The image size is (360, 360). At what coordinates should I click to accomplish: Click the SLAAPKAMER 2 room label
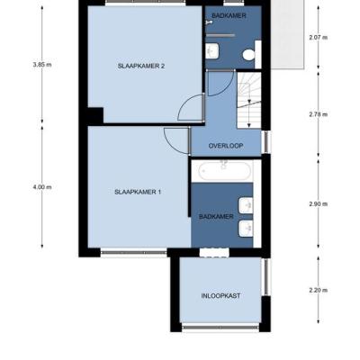pos(141,67)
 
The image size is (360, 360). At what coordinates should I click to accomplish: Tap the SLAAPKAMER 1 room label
pos(138,192)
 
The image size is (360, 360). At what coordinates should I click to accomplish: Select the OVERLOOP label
pos(226,146)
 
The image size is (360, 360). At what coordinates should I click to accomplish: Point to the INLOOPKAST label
pos(220,296)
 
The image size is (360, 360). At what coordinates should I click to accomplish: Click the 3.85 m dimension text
pos(42,65)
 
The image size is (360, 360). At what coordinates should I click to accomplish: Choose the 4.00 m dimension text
pos(42,187)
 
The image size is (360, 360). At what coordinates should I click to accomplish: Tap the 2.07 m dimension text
pos(319,38)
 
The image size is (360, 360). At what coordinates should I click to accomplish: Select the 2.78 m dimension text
pos(319,114)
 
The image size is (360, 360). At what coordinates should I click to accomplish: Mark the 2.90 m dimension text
pos(319,204)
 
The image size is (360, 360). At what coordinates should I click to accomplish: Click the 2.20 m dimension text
pos(319,290)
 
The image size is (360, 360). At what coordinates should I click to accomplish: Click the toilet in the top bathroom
pos(248,55)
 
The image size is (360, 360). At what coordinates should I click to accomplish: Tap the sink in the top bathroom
pos(212,50)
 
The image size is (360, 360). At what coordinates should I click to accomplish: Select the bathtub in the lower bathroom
pos(225,171)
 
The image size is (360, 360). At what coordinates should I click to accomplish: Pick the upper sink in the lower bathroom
pos(246,205)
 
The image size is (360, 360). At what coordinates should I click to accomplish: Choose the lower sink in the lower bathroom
pos(246,228)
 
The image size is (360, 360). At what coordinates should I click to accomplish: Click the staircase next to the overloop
pos(248,101)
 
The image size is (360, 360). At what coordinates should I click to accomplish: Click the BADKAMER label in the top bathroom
pos(229,16)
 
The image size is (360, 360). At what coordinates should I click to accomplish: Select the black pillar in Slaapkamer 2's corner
pos(95,115)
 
